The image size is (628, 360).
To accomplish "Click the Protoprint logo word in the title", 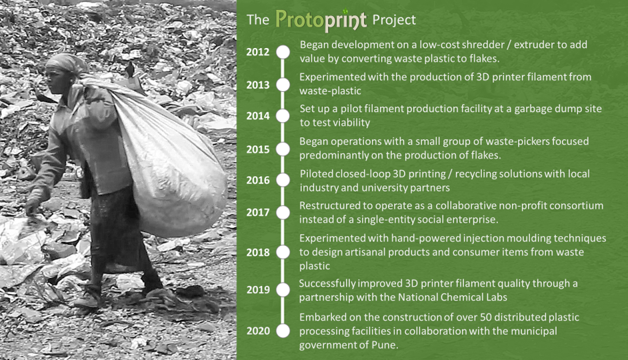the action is tap(321, 20).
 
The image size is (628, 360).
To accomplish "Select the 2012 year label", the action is tap(258, 52).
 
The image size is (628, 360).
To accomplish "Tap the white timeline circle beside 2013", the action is tap(283, 85).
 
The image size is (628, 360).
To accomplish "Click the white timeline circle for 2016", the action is tap(283, 180).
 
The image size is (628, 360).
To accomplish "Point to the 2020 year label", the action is tap(258, 331).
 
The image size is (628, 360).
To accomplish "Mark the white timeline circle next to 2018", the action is tap(283, 252).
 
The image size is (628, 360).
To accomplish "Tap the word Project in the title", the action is tap(394, 20).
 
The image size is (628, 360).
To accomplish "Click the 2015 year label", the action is tap(258, 149).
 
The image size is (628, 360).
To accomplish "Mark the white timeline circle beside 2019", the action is tap(283, 289).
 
